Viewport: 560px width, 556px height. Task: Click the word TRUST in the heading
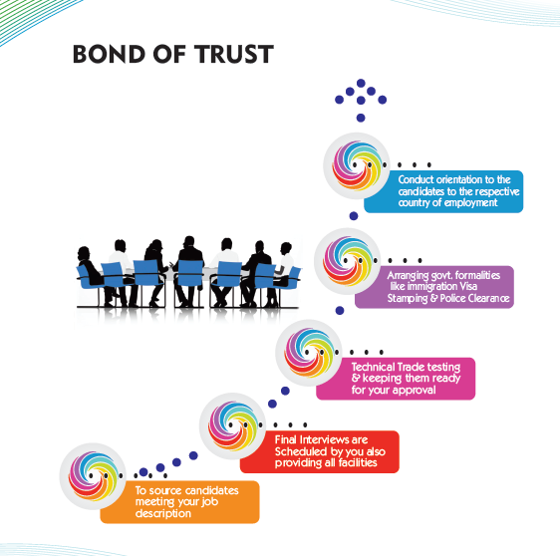[234, 54]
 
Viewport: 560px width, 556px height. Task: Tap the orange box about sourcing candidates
[180, 502]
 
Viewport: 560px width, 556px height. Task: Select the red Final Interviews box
[320, 451]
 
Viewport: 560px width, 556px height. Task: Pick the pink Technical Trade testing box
[396, 379]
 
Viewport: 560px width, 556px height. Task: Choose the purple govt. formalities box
[434, 287]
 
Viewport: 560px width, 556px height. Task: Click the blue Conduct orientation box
[443, 191]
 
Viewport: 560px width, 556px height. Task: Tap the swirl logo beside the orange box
[93, 476]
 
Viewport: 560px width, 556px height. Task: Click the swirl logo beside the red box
[232, 425]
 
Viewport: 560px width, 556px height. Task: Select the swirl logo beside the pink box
[309, 353]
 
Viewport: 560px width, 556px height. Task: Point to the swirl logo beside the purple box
[348, 261]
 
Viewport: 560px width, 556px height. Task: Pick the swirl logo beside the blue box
[357, 165]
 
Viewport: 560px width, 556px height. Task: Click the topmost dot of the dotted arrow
[361, 84]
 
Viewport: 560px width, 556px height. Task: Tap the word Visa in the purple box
[467, 286]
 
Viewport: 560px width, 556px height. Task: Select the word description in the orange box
[163, 513]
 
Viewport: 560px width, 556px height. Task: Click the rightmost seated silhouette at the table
[283, 273]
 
